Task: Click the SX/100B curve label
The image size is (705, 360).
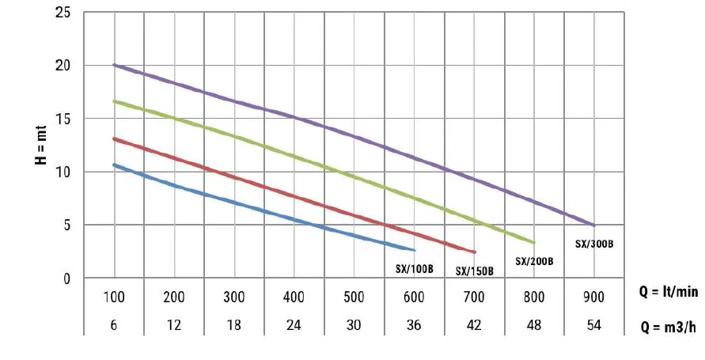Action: [x=415, y=269]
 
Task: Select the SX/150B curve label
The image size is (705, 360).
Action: [x=475, y=271]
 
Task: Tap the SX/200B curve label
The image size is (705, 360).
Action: [x=534, y=261]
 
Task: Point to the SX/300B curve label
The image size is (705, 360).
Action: [x=595, y=244]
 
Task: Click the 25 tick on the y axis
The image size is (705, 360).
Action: [x=65, y=13]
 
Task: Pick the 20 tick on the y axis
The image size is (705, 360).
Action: [x=65, y=66]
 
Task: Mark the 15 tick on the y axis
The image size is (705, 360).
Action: [x=65, y=119]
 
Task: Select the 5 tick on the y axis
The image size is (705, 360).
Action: [x=68, y=225]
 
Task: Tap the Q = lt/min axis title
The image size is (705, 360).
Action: [x=669, y=292]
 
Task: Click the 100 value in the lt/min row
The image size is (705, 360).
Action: [x=115, y=297]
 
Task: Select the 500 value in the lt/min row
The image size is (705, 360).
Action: [x=354, y=297]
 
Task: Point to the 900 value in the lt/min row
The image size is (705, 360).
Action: [x=593, y=297]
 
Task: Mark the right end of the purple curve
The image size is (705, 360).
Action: [x=593, y=225]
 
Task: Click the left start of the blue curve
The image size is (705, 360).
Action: [x=115, y=165]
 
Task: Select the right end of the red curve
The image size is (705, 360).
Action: [x=475, y=252]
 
